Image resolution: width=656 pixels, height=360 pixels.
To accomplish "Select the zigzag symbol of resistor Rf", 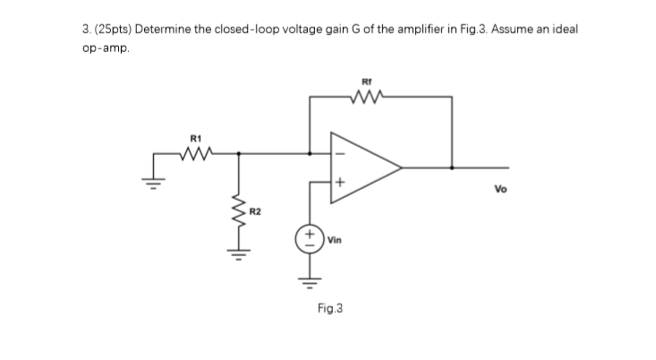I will click(367, 91).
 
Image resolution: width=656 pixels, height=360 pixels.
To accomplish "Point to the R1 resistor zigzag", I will click(194, 153).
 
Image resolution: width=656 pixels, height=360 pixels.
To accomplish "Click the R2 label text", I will click(254, 211).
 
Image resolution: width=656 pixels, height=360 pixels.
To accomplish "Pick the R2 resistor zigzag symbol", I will click(238, 213).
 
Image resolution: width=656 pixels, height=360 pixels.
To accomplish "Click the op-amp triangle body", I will click(362, 167).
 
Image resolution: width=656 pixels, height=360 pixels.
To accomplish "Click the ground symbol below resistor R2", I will click(238, 255).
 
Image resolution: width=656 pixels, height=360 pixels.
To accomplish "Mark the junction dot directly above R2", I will click(238, 153).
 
